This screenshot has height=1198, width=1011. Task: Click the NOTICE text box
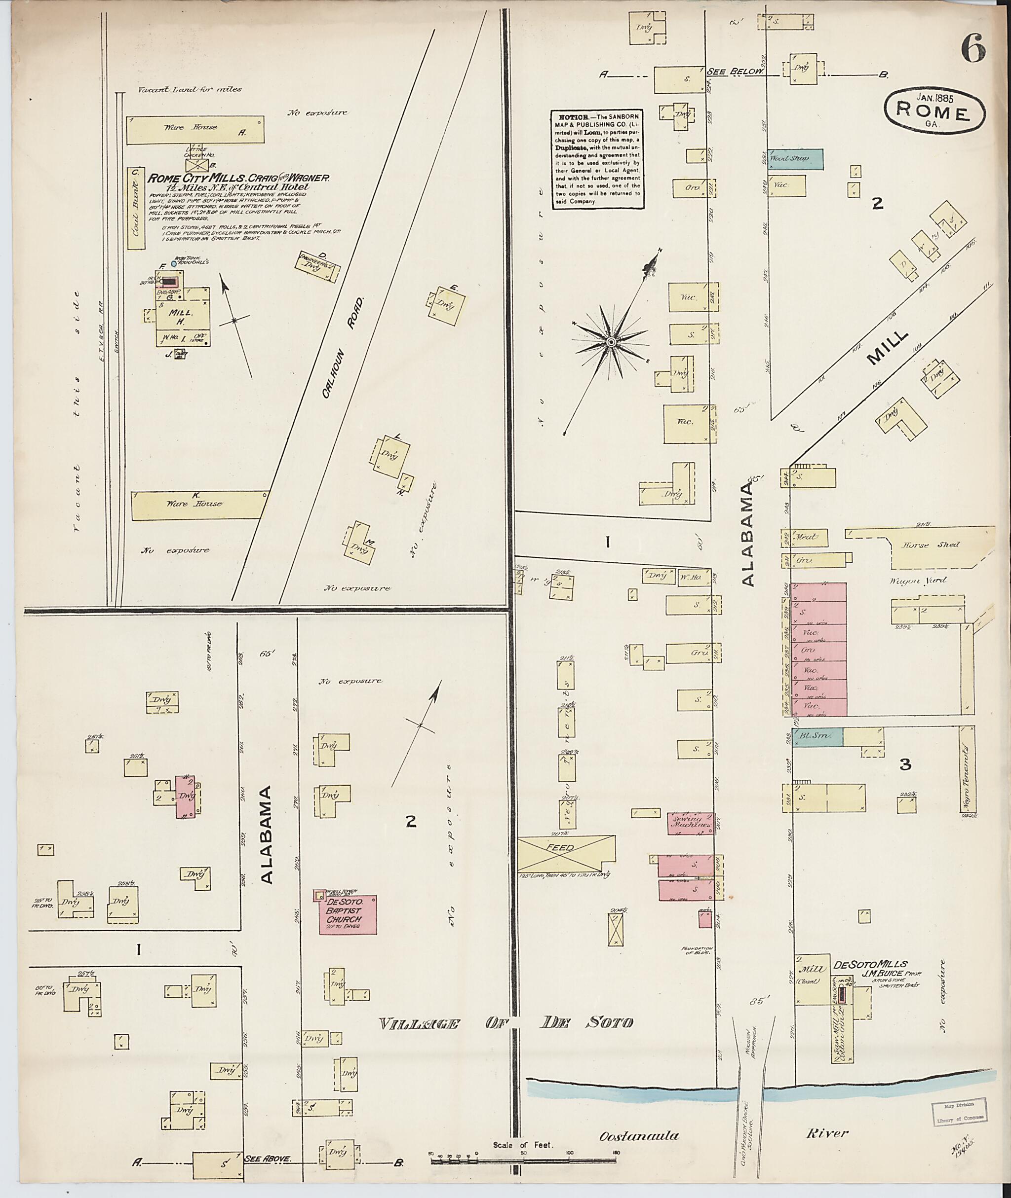click(x=597, y=159)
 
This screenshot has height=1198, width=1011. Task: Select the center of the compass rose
click(x=611, y=342)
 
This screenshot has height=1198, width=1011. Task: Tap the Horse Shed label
click(x=923, y=545)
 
